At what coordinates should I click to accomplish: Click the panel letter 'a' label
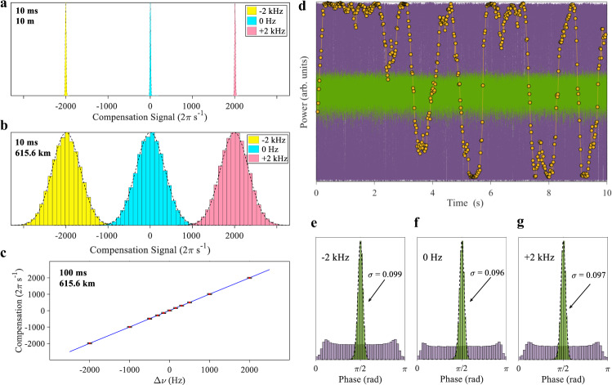tap(6, 7)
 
